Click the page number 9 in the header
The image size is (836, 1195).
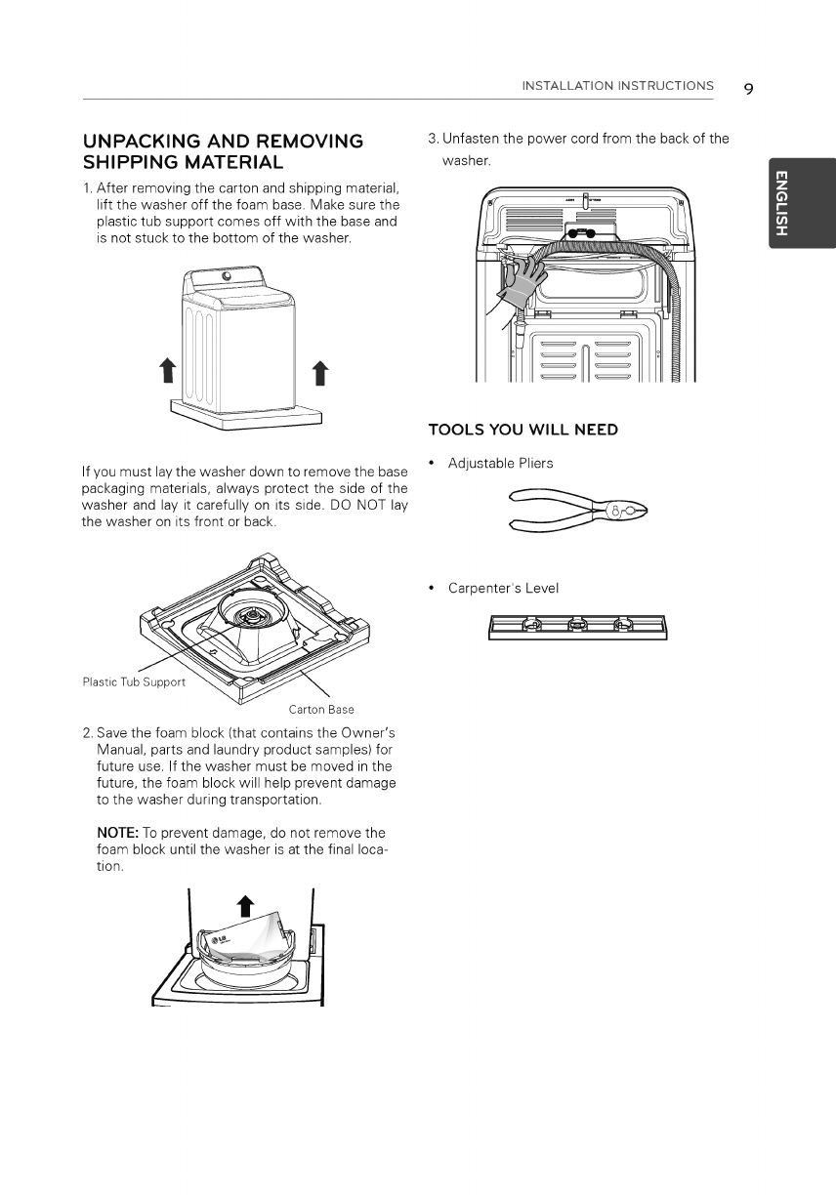point(748,89)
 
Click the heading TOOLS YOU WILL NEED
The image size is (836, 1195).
point(523,430)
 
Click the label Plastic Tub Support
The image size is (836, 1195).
point(133,681)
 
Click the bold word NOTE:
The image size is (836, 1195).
point(115,833)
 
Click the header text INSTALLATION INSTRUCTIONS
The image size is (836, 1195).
point(617,86)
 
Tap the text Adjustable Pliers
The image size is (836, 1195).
point(500,463)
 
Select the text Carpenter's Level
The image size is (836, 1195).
point(503,589)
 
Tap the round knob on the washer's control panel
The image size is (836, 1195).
point(228,276)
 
